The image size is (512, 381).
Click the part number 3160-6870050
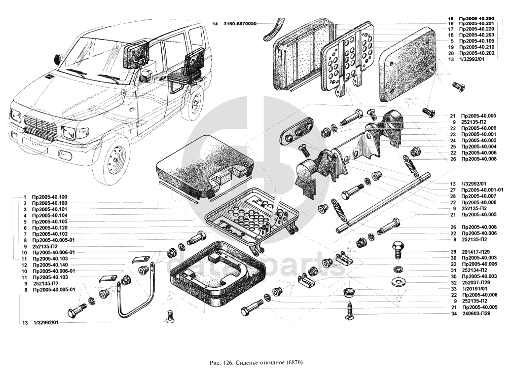pyautogui.click(x=239, y=24)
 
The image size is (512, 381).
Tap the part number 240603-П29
pyautogui.click(x=476, y=314)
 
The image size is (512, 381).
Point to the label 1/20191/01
pyautogui.click(x=472, y=289)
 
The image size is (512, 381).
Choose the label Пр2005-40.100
pyautogui.click(x=49, y=197)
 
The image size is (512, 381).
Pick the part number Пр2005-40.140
pyautogui.click(x=49, y=265)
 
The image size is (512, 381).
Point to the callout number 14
pyautogui.click(x=215, y=24)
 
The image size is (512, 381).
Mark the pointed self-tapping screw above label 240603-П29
pyautogui.click(x=350, y=310)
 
